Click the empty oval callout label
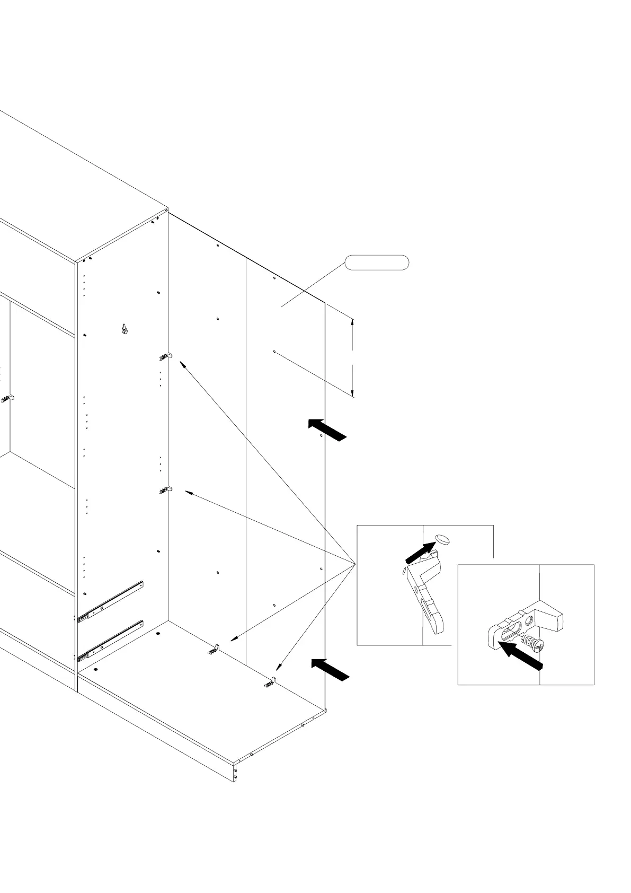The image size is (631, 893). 377,262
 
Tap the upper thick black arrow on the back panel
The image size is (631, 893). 327,429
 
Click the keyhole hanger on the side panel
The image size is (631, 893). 125,329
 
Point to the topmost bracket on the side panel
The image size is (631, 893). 166,356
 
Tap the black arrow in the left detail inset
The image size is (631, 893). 421,553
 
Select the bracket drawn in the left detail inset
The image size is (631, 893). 426,589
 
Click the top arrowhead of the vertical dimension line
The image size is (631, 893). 352,321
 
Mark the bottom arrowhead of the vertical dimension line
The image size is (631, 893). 352,393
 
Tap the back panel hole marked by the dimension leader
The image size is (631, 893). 274,352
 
